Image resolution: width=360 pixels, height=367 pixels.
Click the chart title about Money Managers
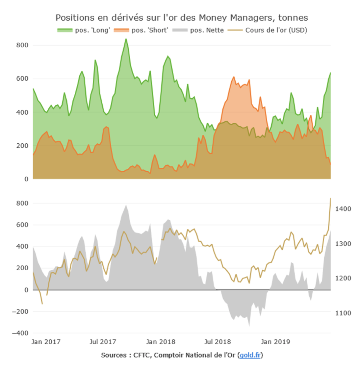tap(182, 17)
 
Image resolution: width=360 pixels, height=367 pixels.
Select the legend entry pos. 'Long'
tap(92, 30)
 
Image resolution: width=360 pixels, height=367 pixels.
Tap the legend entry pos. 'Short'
tap(150, 30)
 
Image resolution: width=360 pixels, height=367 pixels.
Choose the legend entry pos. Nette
tap(207, 30)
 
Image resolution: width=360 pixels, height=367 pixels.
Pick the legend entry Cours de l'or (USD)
tap(276, 30)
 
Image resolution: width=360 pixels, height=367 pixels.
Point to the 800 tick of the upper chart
tap(22, 45)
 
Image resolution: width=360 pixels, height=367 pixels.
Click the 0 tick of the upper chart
tap(26, 179)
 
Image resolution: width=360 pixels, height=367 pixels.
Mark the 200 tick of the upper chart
tap(22, 146)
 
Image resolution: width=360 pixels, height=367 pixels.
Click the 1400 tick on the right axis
tap(343, 209)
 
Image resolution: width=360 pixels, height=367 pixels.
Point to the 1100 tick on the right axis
tap(343, 313)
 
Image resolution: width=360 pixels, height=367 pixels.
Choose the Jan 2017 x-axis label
tap(46, 342)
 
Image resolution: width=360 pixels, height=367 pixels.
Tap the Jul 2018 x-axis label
tap(218, 342)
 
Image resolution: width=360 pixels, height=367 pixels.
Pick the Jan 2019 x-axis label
tap(275, 342)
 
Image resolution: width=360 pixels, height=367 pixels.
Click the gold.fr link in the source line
tap(250, 355)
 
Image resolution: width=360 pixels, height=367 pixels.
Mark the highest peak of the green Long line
tap(126, 39)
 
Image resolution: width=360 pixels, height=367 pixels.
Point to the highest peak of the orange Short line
tap(234, 77)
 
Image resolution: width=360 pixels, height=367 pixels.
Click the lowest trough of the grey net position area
tap(249, 326)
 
